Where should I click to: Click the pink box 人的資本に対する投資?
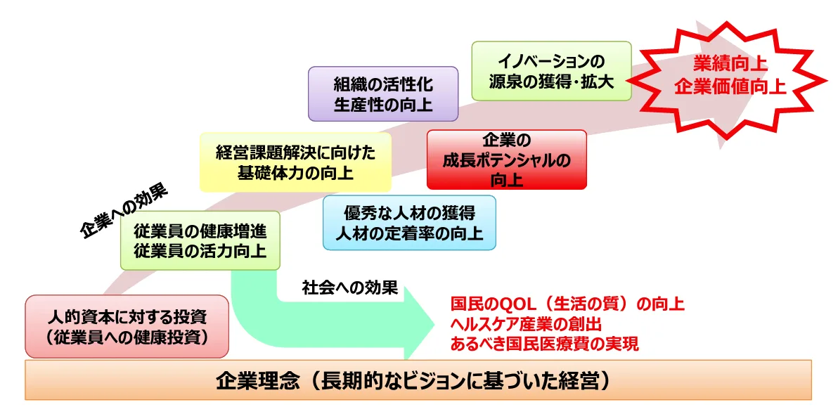pos(127,326)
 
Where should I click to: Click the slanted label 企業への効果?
pos(127,213)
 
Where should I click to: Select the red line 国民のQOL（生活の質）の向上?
pos(567,304)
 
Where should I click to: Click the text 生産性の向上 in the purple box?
pos(383,105)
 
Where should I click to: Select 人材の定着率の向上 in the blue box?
pos(409,233)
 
